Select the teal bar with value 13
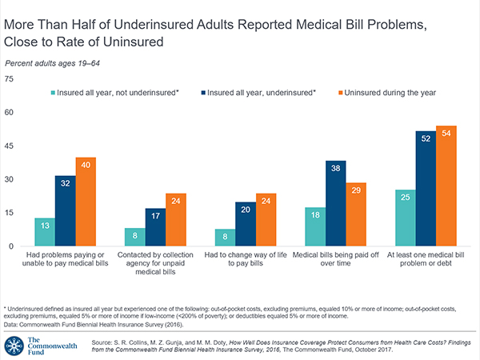pos(46,232)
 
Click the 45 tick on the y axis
pos(10,146)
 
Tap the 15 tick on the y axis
pos(10,213)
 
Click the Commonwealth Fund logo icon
pos(15,344)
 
